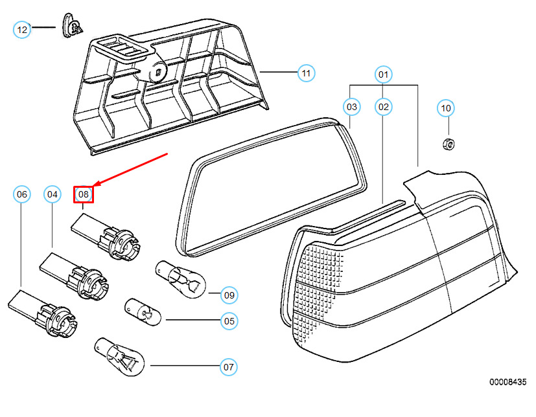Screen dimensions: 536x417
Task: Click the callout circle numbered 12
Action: point(22,30)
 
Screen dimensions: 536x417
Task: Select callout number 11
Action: point(306,73)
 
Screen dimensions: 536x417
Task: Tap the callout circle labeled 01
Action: point(383,74)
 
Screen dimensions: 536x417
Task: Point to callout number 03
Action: point(352,107)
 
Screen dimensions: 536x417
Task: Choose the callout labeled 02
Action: point(383,107)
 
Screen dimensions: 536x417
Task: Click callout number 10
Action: point(446,108)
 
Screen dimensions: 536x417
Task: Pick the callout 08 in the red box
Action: point(84,194)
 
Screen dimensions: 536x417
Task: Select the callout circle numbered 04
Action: point(52,194)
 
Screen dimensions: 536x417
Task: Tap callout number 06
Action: point(21,194)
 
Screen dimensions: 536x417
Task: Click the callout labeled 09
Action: point(229,295)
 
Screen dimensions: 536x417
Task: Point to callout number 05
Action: point(229,321)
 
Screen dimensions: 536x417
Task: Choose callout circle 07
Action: point(228,367)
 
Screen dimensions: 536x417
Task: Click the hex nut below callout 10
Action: point(448,144)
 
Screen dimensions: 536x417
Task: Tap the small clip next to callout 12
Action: point(73,26)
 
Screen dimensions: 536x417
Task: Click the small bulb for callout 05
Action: point(143,312)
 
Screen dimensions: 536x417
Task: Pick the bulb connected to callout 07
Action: point(119,357)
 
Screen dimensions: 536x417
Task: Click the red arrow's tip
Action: point(93,186)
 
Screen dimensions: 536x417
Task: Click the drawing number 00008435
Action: point(507,382)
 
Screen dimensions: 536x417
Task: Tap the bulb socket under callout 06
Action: point(43,313)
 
